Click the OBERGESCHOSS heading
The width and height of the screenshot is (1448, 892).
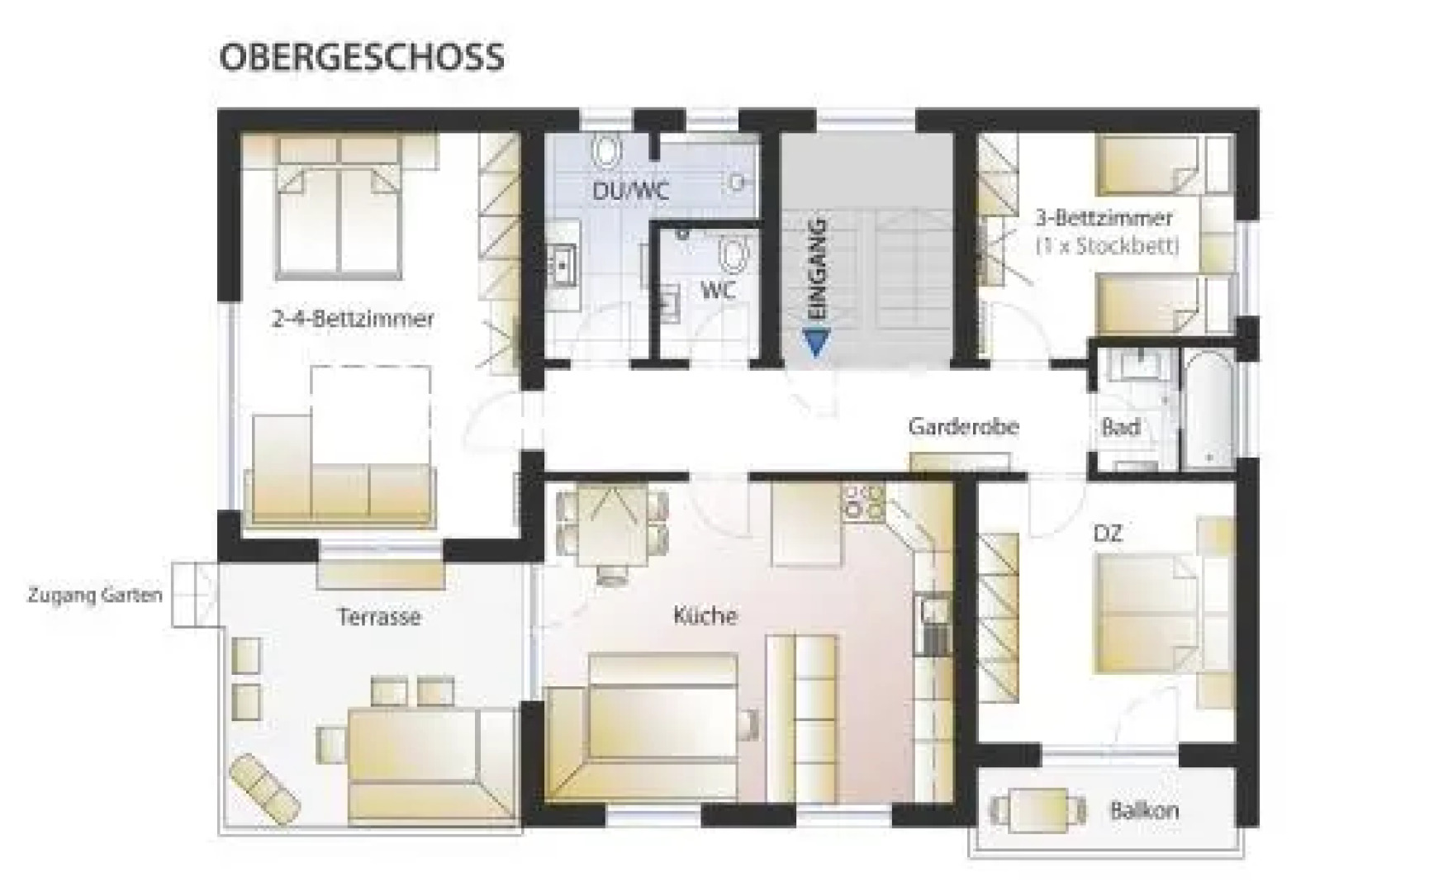(x=361, y=57)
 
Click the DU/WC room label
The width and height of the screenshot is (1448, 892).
(x=630, y=191)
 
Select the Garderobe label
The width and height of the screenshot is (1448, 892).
(x=963, y=427)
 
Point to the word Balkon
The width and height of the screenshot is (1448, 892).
(x=1144, y=810)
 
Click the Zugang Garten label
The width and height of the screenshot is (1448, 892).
(x=95, y=595)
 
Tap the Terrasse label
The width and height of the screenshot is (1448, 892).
(x=379, y=617)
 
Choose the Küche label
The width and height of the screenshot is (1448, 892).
(x=705, y=615)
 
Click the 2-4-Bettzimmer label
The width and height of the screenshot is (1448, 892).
(x=353, y=319)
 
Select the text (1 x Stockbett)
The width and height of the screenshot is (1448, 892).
(x=1107, y=245)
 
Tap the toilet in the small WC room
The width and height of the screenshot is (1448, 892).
(x=732, y=255)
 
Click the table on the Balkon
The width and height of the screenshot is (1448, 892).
(x=1038, y=809)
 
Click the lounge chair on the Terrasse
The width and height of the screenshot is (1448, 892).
(x=264, y=785)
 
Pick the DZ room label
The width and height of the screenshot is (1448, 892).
(x=1108, y=534)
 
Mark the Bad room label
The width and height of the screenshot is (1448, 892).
(x=1121, y=427)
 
